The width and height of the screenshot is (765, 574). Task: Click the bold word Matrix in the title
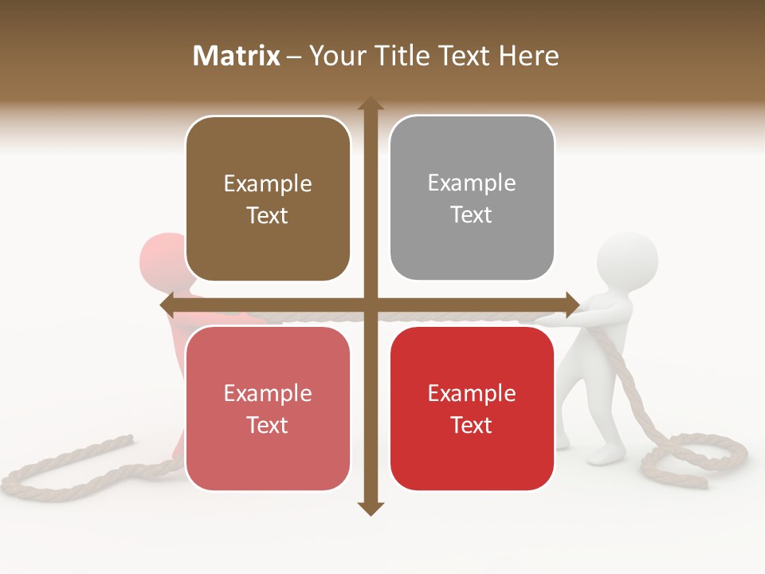[x=237, y=56]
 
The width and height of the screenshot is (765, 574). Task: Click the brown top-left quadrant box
[x=268, y=199]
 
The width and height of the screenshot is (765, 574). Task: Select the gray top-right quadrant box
[x=472, y=199]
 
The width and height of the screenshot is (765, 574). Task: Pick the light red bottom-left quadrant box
[x=268, y=408]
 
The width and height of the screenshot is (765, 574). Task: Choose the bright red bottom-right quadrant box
[x=472, y=408]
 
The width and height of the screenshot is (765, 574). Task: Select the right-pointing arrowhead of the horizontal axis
[x=572, y=305]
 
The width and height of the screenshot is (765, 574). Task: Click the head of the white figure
[x=629, y=258]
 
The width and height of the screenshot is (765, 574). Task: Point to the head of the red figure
[x=163, y=259]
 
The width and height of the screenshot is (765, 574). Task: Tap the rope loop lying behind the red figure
[x=64, y=470]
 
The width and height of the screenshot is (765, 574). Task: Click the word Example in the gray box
[x=472, y=183]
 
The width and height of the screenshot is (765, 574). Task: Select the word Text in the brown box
[x=268, y=216]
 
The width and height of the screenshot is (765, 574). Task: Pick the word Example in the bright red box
[x=472, y=393]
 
